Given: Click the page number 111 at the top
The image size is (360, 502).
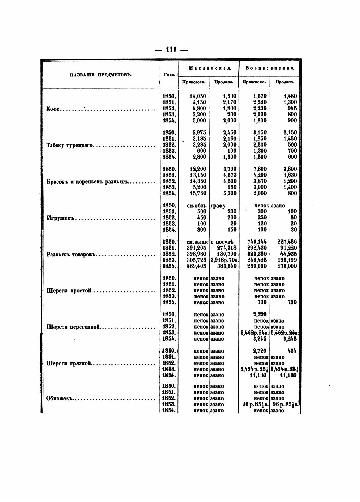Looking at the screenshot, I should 171,50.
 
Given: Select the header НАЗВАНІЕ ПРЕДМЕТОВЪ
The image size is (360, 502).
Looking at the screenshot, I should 101,75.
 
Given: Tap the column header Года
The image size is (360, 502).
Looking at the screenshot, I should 169,75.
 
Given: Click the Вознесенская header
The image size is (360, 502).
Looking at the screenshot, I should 270,68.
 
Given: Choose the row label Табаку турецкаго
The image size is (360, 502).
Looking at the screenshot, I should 69,145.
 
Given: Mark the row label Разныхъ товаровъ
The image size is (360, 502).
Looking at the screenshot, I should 71,255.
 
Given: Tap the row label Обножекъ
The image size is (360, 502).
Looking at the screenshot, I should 59,399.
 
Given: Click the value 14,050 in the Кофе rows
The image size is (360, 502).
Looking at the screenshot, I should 198,96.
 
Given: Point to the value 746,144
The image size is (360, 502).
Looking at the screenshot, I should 257,242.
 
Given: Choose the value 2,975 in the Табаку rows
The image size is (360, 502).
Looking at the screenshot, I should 199,133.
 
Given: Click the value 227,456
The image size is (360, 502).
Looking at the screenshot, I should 287,242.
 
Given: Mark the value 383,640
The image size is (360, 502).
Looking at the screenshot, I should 226,266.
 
